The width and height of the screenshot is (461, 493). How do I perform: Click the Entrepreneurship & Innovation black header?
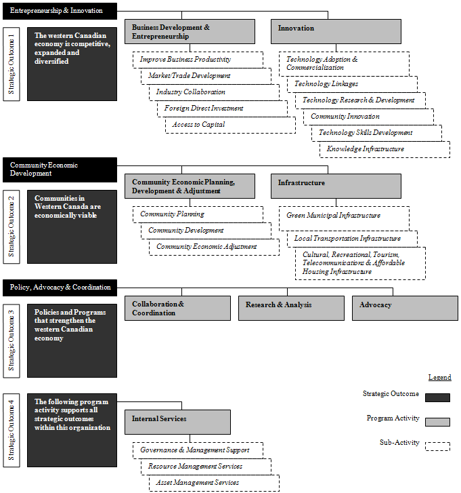pos(60,11)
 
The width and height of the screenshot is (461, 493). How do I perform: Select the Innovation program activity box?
pos(336,31)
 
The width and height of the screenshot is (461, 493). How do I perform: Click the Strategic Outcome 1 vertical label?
pos(11,64)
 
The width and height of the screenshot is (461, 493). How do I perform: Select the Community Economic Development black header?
pos(60,169)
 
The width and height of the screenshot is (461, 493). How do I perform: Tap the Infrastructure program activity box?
pos(336,186)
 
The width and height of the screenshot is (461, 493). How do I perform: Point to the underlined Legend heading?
pos(439,377)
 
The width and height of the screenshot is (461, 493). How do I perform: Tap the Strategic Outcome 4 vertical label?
pos(11,430)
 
